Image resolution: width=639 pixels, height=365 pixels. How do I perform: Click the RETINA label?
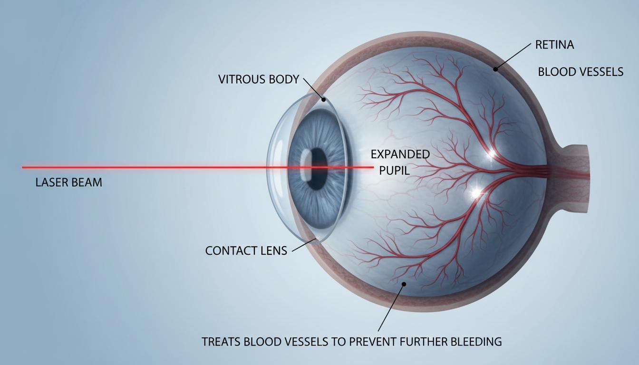[x=554, y=45]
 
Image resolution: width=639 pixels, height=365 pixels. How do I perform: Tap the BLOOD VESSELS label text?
[x=581, y=72]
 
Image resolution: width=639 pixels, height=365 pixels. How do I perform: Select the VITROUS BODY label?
[x=259, y=79]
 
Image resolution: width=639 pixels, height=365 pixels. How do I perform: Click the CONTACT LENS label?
[x=246, y=250]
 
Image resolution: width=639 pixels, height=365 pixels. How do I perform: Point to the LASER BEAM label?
[x=69, y=182]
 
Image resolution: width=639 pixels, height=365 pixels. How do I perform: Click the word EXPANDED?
[x=400, y=154]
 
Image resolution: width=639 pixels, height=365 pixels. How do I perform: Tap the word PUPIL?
[x=394, y=171]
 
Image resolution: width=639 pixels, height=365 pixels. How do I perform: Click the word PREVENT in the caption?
[x=370, y=341]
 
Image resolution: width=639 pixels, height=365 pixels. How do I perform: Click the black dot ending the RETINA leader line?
[x=495, y=69]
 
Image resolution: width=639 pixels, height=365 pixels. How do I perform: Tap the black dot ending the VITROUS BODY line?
[x=323, y=99]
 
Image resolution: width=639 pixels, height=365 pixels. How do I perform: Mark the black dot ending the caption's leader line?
[x=404, y=284]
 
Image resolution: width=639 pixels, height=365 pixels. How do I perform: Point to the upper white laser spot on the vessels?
[x=491, y=154]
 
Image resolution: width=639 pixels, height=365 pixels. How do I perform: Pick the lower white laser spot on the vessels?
[x=475, y=193]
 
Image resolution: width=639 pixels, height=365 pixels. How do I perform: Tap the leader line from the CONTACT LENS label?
[x=303, y=246]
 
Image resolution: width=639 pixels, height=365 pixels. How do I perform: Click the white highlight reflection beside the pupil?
[x=306, y=165]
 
